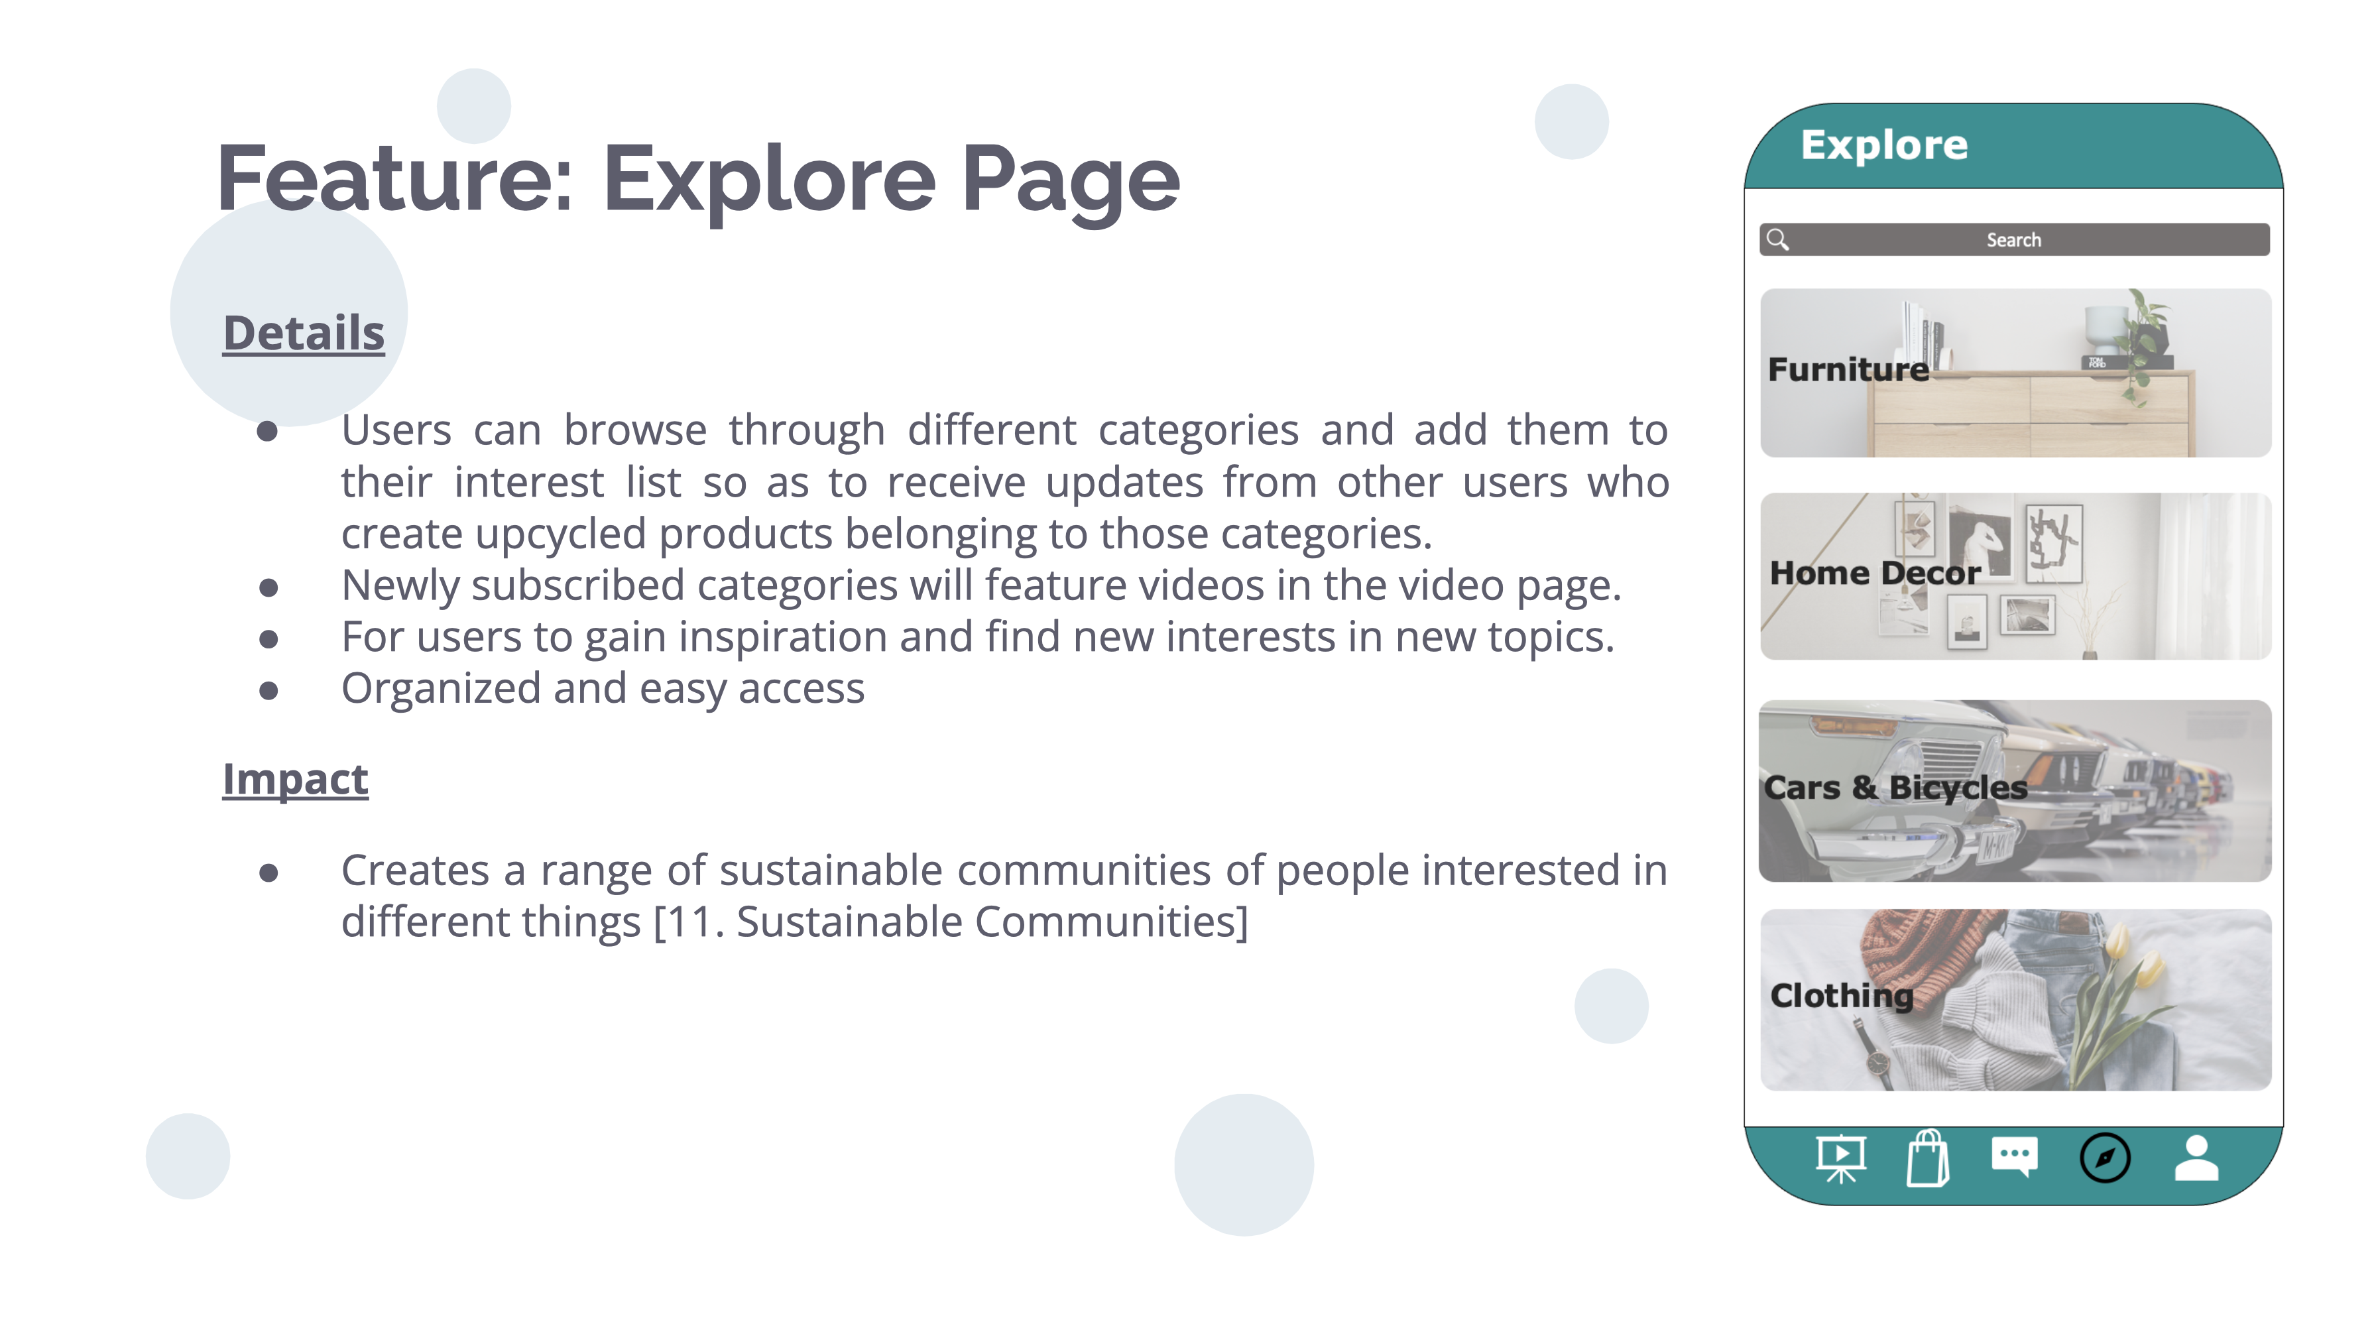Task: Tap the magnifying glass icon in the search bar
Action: point(1777,240)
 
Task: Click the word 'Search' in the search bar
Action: point(2013,240)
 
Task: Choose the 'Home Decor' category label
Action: point(1874,573)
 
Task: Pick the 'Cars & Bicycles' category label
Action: point(1895,788)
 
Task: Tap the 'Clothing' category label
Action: point(1842,995)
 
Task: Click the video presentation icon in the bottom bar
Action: point(1841,1158)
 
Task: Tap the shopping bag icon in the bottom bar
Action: point(1928,1158)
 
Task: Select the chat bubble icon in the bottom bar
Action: point(2015,1156)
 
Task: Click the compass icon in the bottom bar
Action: point(2105,1158)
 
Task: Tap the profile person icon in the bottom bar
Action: point(2196,1158)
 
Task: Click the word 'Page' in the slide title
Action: point(1071,180)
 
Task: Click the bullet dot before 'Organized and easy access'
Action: point(268,690)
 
